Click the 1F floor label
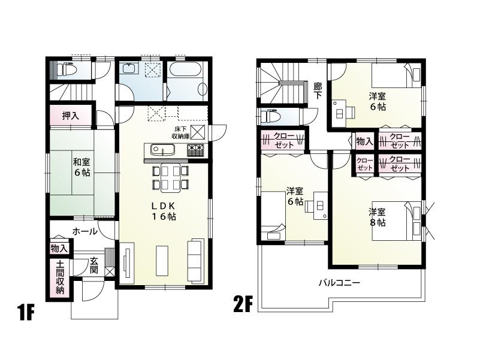(26, 312)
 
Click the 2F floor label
(243, 304)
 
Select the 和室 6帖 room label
(81, 167)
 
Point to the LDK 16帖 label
(163, 211)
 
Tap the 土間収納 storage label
(60, 277)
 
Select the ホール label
(84, 231)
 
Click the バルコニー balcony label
(339, 283)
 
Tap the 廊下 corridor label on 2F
(318, 90)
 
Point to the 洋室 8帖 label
(376, 217)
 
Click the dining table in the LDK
(170, 178)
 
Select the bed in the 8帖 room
(396, 221)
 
